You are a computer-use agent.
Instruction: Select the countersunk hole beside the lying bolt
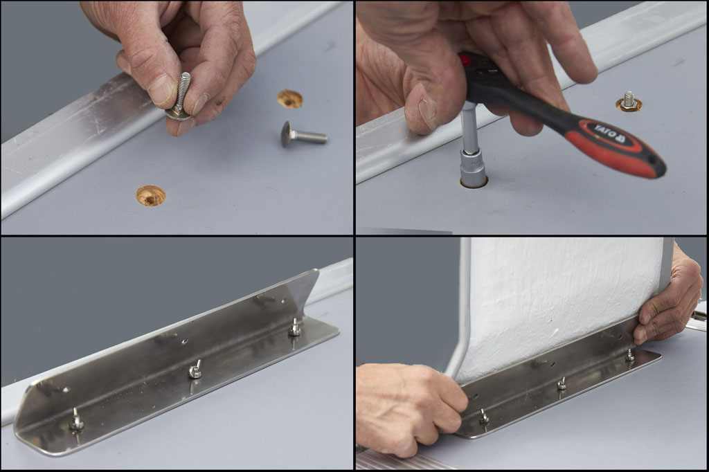tap(289, 98)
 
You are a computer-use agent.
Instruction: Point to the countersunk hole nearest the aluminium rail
tap(150, 195)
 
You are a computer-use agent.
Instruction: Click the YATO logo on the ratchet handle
tap(608, 134)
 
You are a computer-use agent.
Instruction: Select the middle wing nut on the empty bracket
tap(195, 370)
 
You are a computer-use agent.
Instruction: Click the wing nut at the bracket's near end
tap(76, 420)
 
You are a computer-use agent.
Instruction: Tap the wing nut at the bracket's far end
tap(294, 327)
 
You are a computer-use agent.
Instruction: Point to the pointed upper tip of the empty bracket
tap(316, 271)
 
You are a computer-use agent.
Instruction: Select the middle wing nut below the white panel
tap(562, 384)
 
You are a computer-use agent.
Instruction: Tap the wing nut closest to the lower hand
tap(484, 417)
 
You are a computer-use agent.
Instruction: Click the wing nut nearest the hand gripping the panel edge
tap(630, 355)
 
